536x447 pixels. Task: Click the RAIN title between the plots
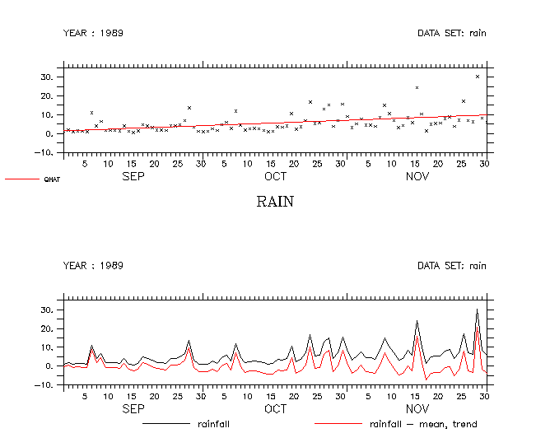pyautogui.click(x=275, y=202)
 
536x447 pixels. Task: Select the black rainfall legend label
pyautogui.click(x=213, y=425)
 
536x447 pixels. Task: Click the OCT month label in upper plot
pyautogui.click(x=275, y=176)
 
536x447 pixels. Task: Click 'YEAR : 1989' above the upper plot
pyautogui.click(x=93, y=33)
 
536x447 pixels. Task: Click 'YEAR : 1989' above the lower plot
pyautogui.click(x=93, y=266)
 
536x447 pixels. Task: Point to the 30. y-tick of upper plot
pyautogui.click(x=47, y=77)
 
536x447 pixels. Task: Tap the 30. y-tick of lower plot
pyautogui.click(x=47, y=310)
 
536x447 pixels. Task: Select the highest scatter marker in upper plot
pyautogui.click(x=478, y=77)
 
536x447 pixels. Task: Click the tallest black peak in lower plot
pyautogui.click(x=478, y=310)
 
